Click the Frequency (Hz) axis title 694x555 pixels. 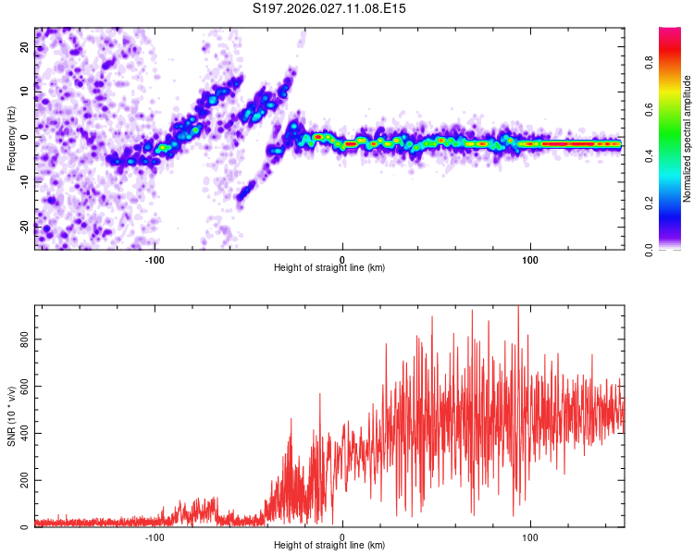12,138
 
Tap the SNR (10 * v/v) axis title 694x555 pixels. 12,417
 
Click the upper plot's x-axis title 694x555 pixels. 329,268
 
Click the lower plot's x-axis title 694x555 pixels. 329,546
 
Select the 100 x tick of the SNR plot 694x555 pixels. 531,536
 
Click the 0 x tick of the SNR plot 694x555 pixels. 343,536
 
